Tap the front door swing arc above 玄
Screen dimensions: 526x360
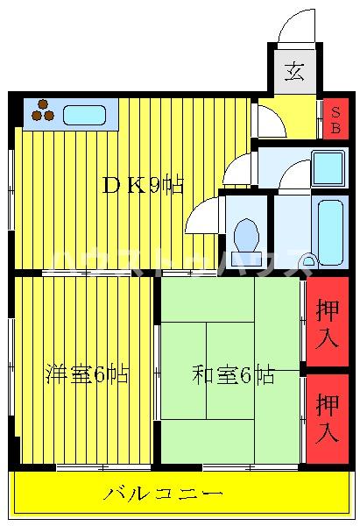click(295, 26)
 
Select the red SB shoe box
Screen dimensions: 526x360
click(335, 117)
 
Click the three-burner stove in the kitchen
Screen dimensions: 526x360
click(43, 111)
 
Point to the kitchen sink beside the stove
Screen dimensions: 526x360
click(84, 115)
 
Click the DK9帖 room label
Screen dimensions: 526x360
click(143, 185)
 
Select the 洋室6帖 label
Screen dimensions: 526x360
click(87, 375)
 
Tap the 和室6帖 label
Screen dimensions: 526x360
click(232, 375)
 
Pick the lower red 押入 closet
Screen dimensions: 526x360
click(328, 418)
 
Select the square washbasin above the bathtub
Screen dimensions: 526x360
click(328, 167)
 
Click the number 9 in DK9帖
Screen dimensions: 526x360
click(153, 185)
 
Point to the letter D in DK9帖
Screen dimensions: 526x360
click(110, 185)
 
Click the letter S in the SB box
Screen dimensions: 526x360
click(335, 110)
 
